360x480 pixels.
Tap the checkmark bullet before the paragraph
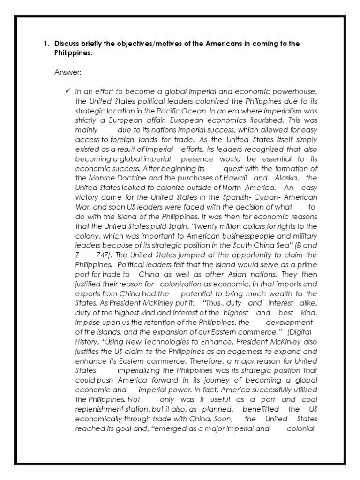click(67, 90)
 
